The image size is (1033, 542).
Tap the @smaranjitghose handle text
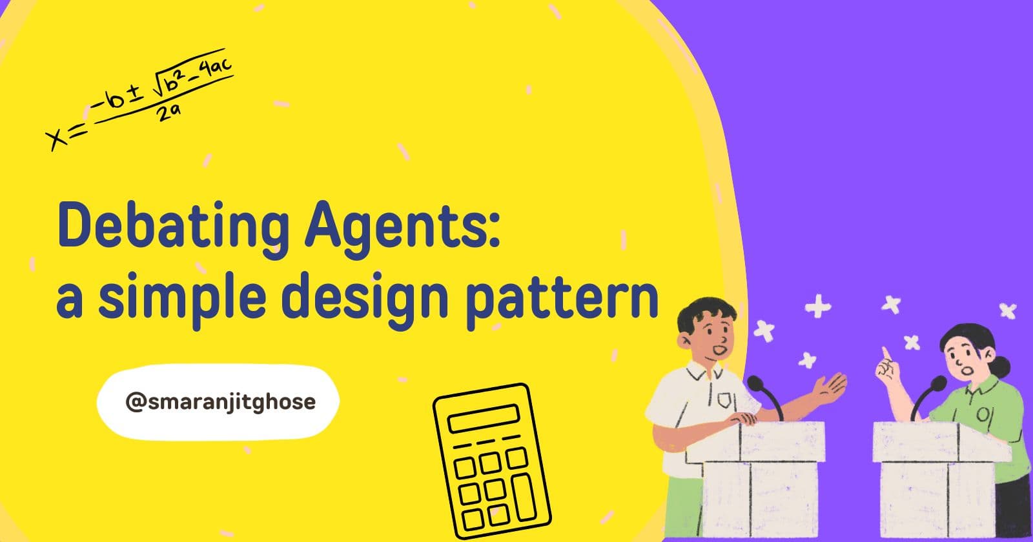coord(221,402)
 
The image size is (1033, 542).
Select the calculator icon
coord(491,461)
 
